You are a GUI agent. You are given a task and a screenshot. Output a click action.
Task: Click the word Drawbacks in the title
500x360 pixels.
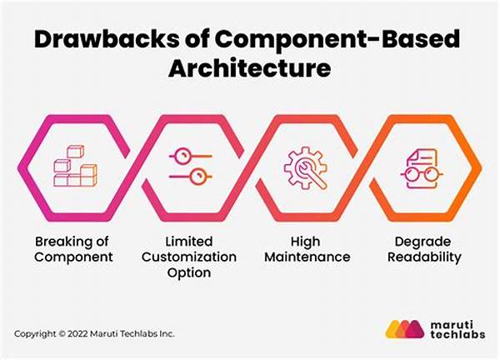(107, 39)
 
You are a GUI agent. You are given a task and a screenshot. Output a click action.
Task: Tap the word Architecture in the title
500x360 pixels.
(250, 68)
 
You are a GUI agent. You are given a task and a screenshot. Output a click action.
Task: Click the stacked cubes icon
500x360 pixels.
(75, 166)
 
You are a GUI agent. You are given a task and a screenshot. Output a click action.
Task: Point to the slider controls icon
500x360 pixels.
(190, 166)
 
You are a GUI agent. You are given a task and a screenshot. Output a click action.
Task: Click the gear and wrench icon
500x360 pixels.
(306, 168)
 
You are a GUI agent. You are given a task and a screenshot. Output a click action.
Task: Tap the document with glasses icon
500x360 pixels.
(422, 169)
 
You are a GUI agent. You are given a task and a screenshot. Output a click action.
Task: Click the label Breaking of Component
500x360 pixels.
(73, 249)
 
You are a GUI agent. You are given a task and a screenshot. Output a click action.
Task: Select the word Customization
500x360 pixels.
(189, 257)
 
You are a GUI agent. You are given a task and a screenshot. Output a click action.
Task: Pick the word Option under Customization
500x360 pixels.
(189, 272)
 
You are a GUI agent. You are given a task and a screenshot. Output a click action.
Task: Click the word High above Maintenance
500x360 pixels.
(305, 242)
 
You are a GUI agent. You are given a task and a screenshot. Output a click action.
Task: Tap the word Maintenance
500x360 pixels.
(307, 257)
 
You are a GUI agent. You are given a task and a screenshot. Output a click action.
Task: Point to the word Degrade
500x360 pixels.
(422, 242)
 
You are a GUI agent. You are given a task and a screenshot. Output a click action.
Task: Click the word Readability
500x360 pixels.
(424, 257)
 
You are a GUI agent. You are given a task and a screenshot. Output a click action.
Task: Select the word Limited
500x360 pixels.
(189, 242)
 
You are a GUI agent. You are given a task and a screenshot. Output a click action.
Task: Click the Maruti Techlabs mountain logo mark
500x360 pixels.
(405, 329)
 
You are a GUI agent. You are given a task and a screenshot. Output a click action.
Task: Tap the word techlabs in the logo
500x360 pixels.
(457, 334)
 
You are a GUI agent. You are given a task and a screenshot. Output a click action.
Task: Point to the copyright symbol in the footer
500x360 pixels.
(62, 334)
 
